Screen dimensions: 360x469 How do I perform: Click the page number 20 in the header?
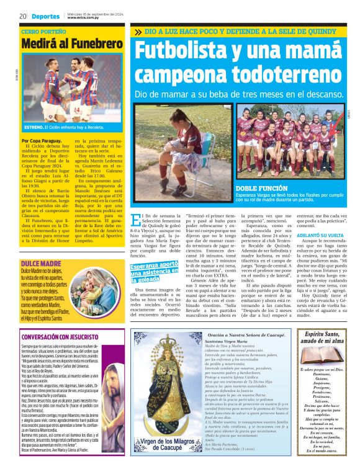pyautogui.click(x=22, y=16)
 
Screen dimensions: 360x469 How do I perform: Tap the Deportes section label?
pyautogui.click(x=47, y=16)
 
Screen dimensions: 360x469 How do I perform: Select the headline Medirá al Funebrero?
pyautogui.click(x=72, y=44)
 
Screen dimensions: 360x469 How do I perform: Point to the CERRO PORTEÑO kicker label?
pyautogui.click(x=43, y=30)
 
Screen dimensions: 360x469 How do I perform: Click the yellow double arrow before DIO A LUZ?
pyautogui.click(x=138, y=31)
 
